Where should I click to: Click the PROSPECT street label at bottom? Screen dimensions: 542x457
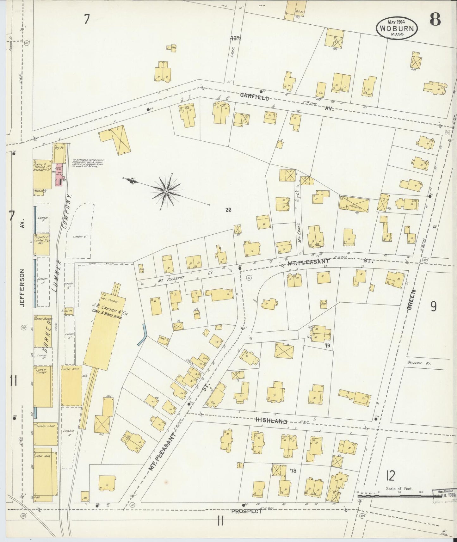click(246, 520)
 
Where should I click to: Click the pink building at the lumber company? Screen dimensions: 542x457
click(59, 174)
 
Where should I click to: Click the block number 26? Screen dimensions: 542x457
click(229, 209)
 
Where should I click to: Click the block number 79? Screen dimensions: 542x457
click(327, 346)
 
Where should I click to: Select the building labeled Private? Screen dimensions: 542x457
click(354, 203)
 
